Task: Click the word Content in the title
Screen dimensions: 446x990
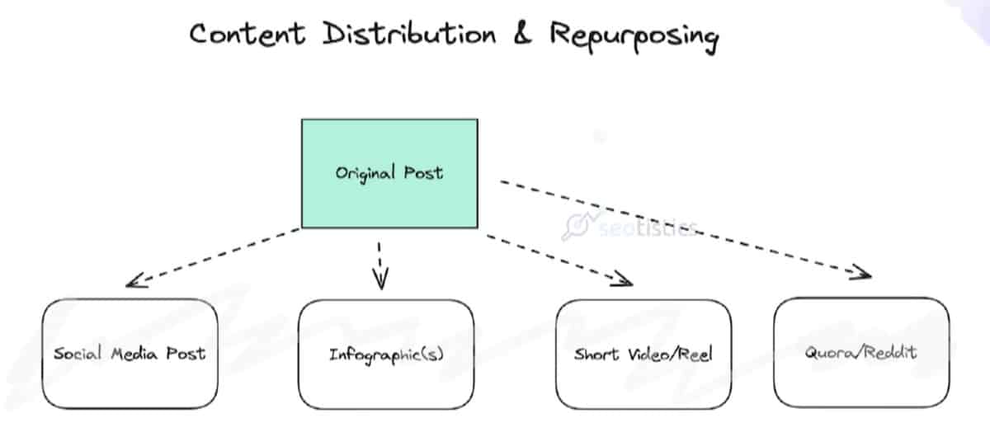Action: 247,35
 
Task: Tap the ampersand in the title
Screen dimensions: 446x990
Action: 522,35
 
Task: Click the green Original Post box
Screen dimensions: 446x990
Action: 389,173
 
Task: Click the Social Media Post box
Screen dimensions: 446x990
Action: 130,354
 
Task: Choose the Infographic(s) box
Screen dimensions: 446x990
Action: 386,354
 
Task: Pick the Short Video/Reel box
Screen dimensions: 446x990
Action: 643,354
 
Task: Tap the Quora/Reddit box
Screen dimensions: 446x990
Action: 861,353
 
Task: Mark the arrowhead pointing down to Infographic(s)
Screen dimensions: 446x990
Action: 380,283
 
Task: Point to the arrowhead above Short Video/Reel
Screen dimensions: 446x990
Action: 625,281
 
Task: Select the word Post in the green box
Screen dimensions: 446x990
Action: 423,174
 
